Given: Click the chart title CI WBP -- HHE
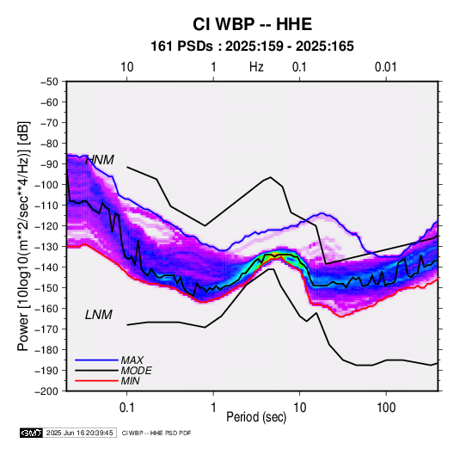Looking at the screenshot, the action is (x=252, y=24).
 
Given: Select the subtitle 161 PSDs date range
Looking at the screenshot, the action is (x=252, y=46).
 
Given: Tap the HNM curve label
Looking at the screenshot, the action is (x=100, y=160).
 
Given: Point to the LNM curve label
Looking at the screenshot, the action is (x=99, y=315).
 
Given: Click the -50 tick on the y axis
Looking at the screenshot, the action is (x=49, y=82).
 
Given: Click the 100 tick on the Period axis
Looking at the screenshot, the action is (x=386, y=408).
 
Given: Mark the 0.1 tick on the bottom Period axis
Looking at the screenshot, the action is (x=126, y=408).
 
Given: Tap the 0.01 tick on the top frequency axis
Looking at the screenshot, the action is (x=386, y=67).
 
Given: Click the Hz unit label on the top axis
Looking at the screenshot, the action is (x=256, y=67).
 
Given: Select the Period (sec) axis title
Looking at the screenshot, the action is (x=256, y=417).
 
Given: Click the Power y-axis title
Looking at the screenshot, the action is (x=23, y=236).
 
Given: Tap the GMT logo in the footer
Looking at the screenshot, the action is (x=31, y=433).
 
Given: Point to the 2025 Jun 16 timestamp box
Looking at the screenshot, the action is (x=79, y=433).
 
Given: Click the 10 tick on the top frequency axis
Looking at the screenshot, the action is (x=127, y=67).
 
